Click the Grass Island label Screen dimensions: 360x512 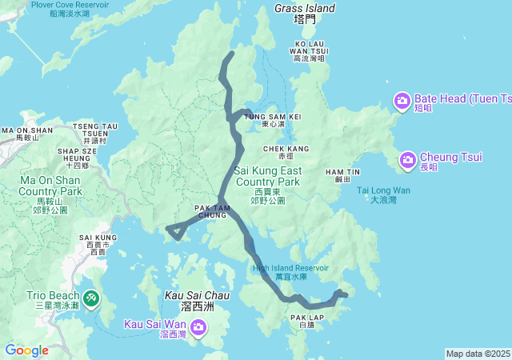click(x=305, y=8)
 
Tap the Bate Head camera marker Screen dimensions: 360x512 click(x=402, y=100)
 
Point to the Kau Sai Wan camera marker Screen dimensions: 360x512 click(x=198, y=326)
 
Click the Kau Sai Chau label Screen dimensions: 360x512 click(x=196, y=295)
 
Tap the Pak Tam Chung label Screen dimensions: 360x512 click(x=211, y=211)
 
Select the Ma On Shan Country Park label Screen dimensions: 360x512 click(x=51, y=186)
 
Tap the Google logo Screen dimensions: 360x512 click(x=26, y=350)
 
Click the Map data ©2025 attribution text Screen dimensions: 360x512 click(x=478, y=354)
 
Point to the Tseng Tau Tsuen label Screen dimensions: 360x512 click(x=94, y=130)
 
